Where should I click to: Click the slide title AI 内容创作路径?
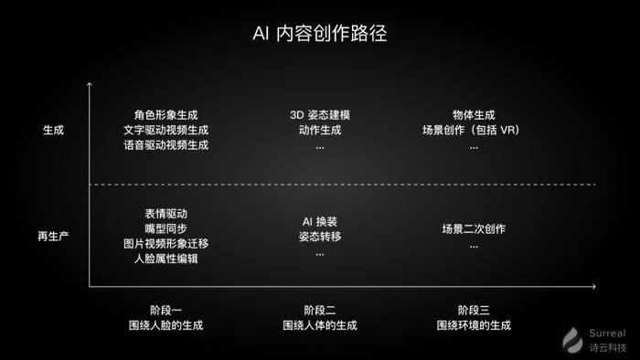(319, 34)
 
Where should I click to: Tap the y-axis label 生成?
(53, 130)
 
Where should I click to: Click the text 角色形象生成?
(165, 115)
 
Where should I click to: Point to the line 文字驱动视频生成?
(165, 130)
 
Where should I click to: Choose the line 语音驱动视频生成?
(165, 145)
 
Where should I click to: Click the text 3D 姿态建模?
(319, 115)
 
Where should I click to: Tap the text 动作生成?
(319, 130)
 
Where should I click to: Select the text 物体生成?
(472, 115)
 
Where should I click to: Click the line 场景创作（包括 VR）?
(472, 130)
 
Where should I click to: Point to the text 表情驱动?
(165, 214)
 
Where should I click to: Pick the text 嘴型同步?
(165, 228)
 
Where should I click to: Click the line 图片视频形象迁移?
(165, 244)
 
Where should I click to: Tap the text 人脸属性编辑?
(165, 259)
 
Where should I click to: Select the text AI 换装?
(319, 221)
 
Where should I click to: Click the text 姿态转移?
(319, 236)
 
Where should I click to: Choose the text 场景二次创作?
(474, 228)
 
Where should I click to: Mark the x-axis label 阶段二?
(319, 310)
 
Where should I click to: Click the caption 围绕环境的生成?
(474, 325)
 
